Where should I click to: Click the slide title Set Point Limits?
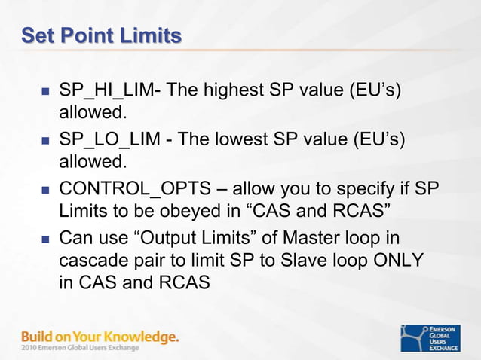pos(101,35)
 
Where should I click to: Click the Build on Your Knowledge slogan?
pos(100,336)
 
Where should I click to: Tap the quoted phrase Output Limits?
pos(188,239)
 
